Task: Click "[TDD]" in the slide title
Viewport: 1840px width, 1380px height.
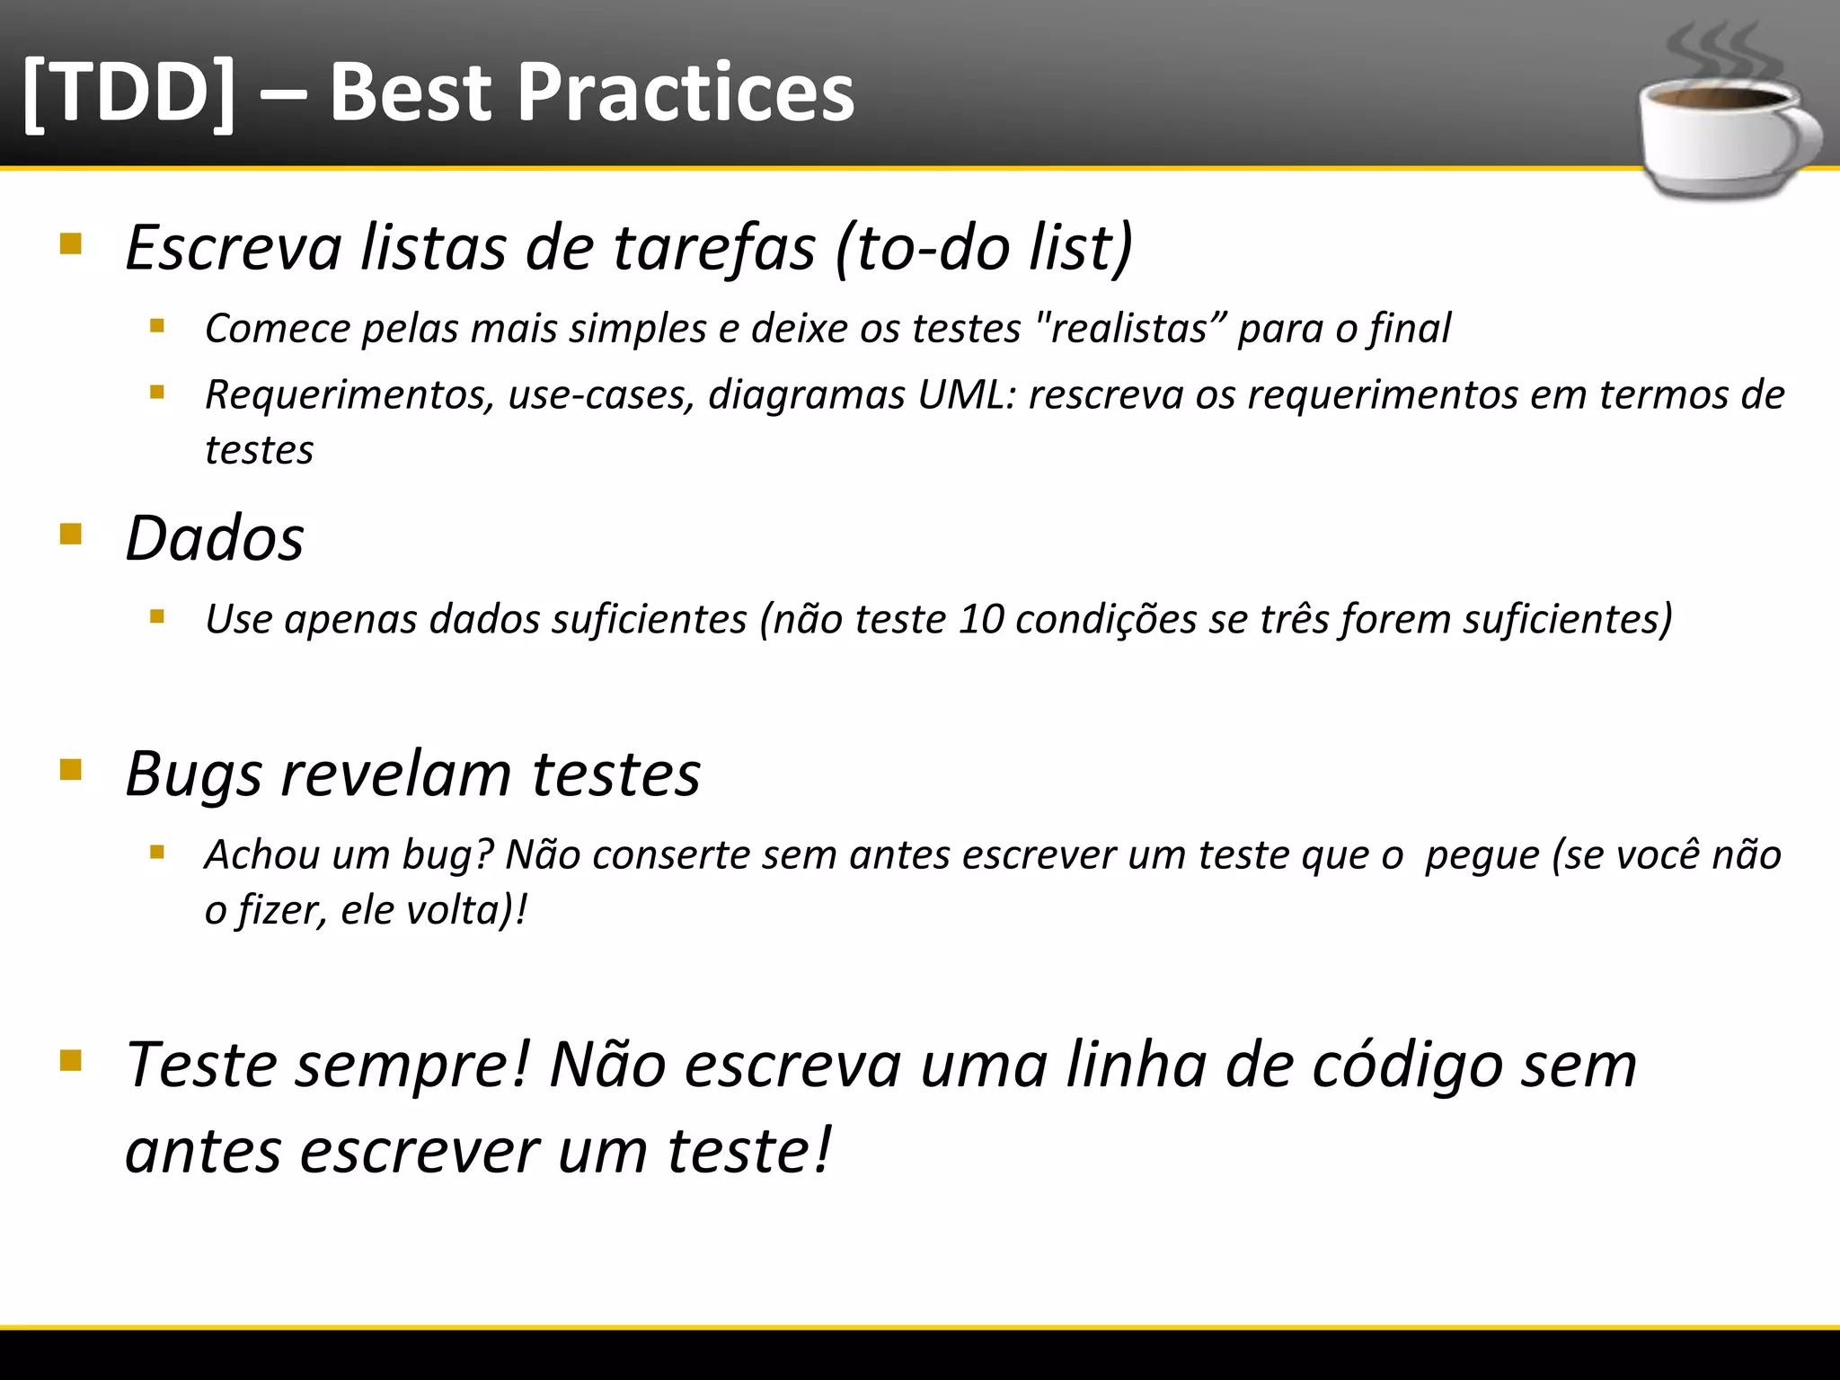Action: [128, 93]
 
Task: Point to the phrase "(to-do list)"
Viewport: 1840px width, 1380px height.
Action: [984, 247]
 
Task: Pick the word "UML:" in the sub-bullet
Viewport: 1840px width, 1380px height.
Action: [967, 395]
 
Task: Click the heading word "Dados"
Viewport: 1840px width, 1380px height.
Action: [215, 539]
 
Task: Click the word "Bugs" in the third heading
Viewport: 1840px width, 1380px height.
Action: [193, 774]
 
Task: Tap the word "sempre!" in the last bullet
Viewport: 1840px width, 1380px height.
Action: [414, 1066]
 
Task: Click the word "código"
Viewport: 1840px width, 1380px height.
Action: [1408, 1066]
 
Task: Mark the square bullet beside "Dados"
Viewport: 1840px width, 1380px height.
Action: [71, 535]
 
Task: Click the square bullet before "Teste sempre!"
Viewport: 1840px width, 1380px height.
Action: [71, 1061]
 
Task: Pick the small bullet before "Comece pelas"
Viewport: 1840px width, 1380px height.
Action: [157, 326]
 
